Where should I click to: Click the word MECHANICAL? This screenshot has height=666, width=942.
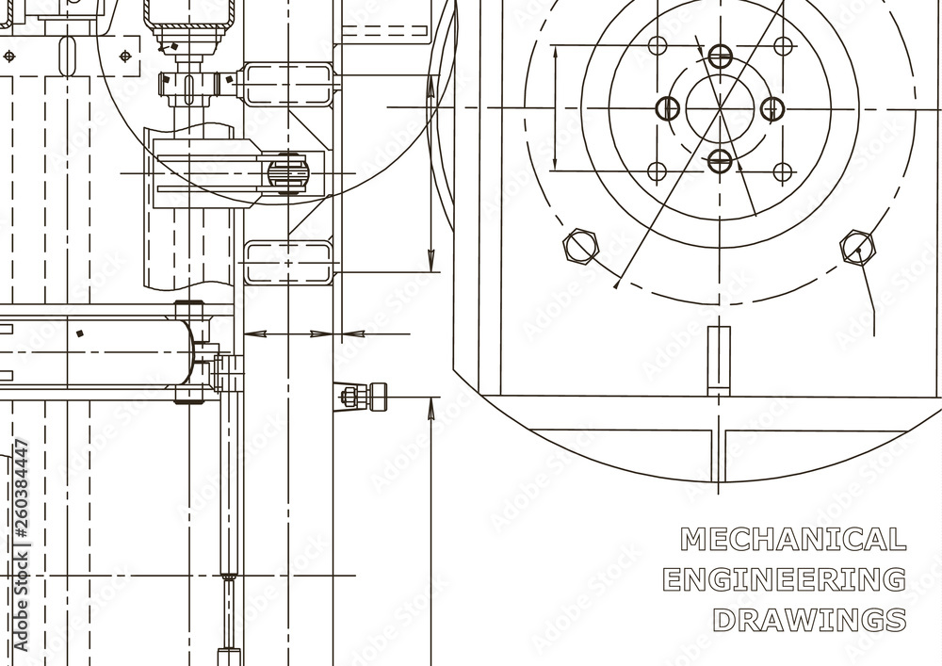pyautogui.click(x=792, y=539)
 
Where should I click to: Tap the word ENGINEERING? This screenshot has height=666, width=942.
pyautogui.click(x=785, y=579)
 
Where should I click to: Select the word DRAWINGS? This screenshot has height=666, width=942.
pyautogui.click(x=809, y=620)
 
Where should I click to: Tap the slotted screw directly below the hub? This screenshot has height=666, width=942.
pyautogui.click(x=720, y=160)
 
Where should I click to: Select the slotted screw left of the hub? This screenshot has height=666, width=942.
pyautogui.click(x=668, y=108)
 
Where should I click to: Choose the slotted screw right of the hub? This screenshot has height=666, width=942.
pyautogui.click(x=771, y=108)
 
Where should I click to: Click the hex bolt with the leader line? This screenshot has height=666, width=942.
pyautogui.click(x=857, y=248)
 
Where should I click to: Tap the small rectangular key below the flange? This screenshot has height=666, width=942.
pyautogui.click(x=720, y=358)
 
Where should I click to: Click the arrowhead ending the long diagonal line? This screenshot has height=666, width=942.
pyautogui.click(x=615, y=282)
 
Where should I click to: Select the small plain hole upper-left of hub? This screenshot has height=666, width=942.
pyautogui.click(x=658, y=46)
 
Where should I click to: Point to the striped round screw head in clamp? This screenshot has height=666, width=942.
pyautogui.click(x=287, y=173)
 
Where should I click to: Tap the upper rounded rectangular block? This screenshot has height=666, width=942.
pyautogui.click(x=288, y=84)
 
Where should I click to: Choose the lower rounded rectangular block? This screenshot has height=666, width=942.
pyautogui.click(x=288, y=262)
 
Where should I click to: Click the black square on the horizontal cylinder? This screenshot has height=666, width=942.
pyautogui.click(x=81, y=333)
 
